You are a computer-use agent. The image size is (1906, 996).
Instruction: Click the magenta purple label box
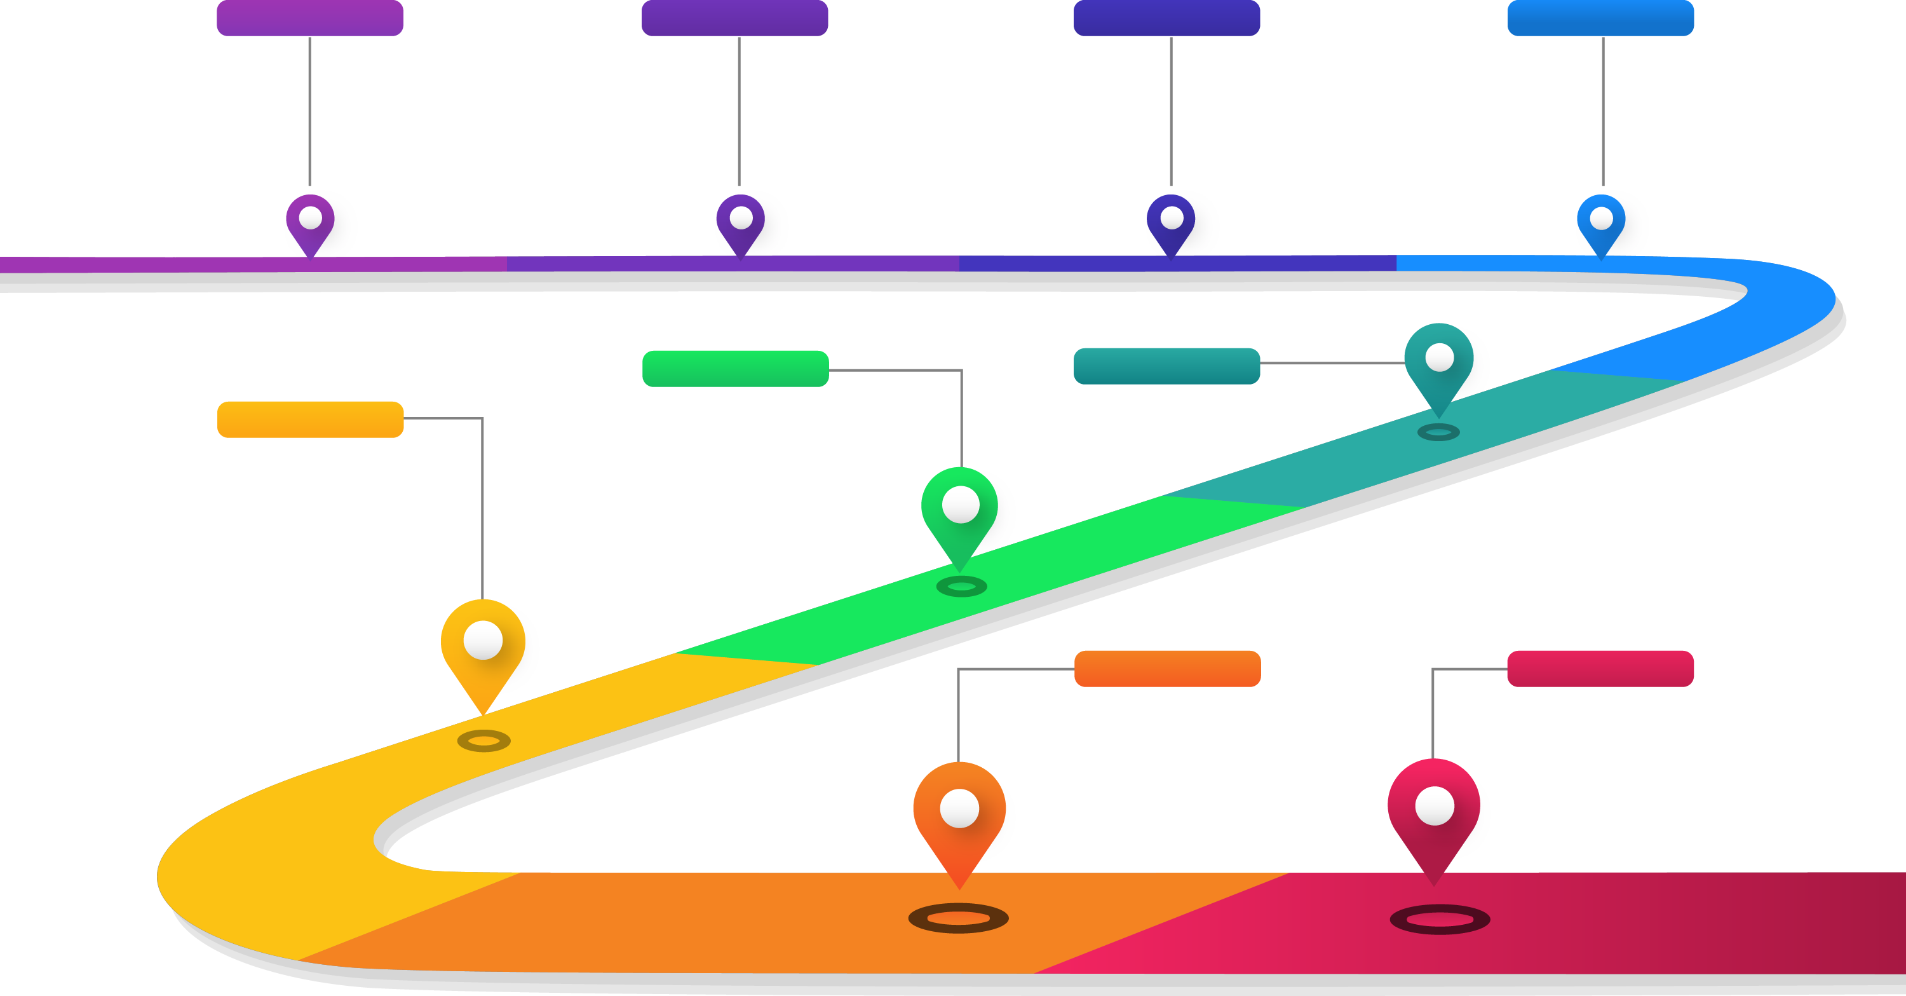(309, 18)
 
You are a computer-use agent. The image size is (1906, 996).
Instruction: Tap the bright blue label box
(1600, 18)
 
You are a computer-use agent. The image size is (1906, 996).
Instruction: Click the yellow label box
(310, 420)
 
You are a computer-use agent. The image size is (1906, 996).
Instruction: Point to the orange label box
(1167, 668)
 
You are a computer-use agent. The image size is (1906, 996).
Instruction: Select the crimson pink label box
(1600, 668)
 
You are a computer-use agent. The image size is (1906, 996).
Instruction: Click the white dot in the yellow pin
(483, 640)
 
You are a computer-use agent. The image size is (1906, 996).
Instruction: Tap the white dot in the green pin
(961, 505)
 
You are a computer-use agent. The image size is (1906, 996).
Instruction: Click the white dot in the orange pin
(959, 808)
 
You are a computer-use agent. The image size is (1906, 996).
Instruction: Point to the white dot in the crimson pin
(1435, 806)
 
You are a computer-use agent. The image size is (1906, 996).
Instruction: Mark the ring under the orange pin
(958, 918)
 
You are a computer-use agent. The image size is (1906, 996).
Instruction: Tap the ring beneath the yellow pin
(484, 740)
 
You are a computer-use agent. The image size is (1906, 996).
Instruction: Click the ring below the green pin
(961, 587)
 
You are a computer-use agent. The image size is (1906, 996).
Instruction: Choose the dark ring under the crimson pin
(1440, 920)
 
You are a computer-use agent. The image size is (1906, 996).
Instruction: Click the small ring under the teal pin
(1438, 432)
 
